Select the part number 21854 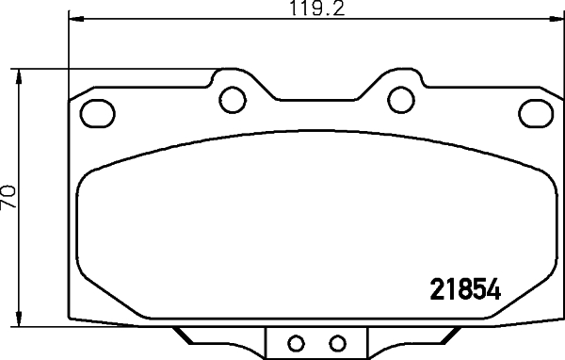(x=463, y=289)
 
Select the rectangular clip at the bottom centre (x=315, y=342)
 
